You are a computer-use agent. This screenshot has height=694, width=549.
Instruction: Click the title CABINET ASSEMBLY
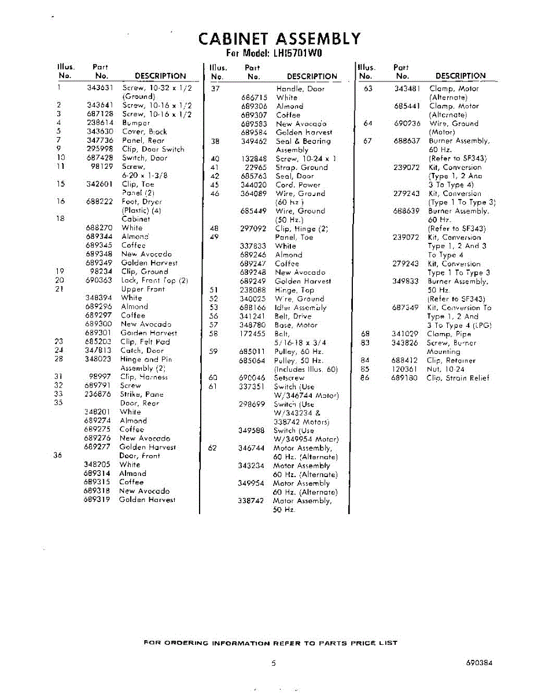(x=279, y=39)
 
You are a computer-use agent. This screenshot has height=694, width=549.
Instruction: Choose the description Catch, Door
(x=142, y=350)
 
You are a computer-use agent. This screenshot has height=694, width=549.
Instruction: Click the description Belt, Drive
(x=293, y=316)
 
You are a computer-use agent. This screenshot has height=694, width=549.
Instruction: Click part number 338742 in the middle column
(x=252, y=501)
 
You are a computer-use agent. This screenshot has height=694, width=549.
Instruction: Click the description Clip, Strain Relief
(x=458, y=378)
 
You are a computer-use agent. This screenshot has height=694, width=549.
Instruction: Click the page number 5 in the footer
(x=273, y=664)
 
